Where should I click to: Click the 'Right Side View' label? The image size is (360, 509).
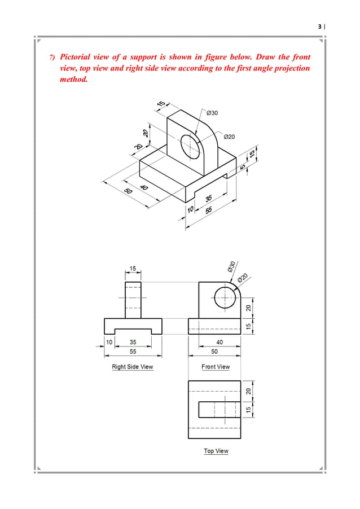pos(132,367)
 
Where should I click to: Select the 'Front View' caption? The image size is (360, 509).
pos(216,367)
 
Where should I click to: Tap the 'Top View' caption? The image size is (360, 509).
pos(216,451)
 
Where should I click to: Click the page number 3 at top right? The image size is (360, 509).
pos(320,26)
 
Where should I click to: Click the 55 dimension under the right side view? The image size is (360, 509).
pos(132,351)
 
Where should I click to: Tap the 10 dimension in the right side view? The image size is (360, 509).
pos(109,342)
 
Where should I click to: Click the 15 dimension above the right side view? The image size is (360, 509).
pos(133,269)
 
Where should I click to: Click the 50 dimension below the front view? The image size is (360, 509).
pos(215,351)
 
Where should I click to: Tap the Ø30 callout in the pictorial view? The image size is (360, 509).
pos(212,113)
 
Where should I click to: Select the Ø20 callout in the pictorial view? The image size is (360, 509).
pos(230,137)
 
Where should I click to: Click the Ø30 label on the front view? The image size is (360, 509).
pos(231,266)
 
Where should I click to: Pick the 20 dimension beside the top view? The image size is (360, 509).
pos(248,391)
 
